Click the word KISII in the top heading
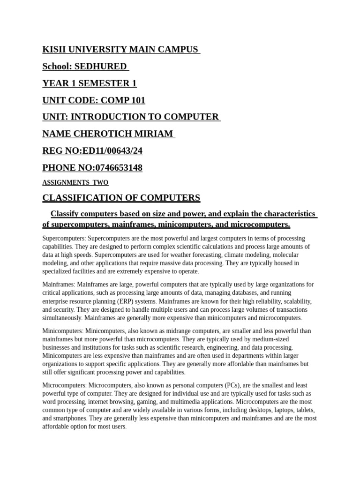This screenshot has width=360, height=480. coord(55,50)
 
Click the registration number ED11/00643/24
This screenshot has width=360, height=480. coord(111,151)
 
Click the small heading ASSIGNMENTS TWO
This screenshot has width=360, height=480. coord(75,182)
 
